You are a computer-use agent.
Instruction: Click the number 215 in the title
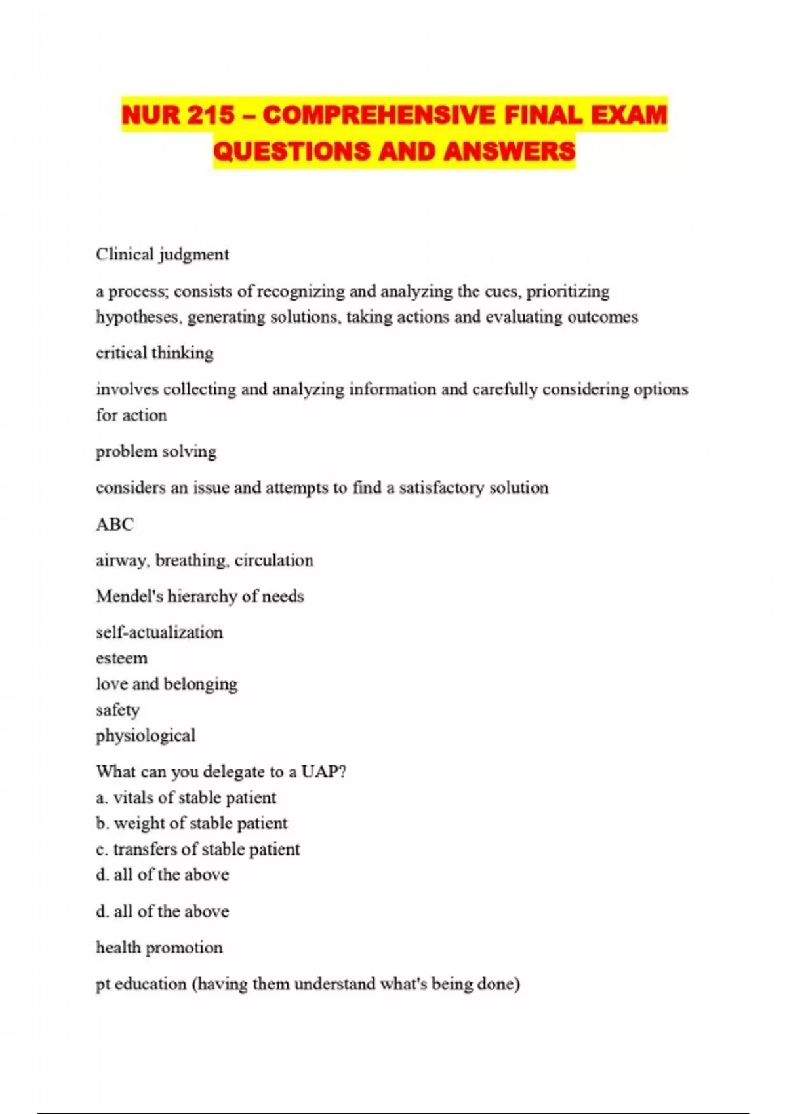(x=210, y=115)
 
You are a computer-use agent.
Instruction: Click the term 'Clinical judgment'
(x=162, y=254)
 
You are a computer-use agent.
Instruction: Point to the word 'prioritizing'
(x=568, y=291)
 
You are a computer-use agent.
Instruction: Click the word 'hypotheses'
(x=138, y=317)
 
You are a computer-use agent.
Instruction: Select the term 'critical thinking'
(x=155, y=353)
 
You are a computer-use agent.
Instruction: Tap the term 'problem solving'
(x=156, y=451)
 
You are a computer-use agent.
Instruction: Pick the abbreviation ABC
(x=115, y=524)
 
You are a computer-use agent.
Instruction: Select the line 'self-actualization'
(x=159, y=632)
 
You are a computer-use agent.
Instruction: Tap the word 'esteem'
(x=121, y=658)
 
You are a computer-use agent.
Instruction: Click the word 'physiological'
(x=146, y=736)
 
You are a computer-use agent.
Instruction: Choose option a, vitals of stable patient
(x=186, y=797)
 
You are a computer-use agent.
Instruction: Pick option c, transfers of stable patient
(x=198, y=849)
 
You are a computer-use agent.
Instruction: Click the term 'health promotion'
(x=159, y=948)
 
